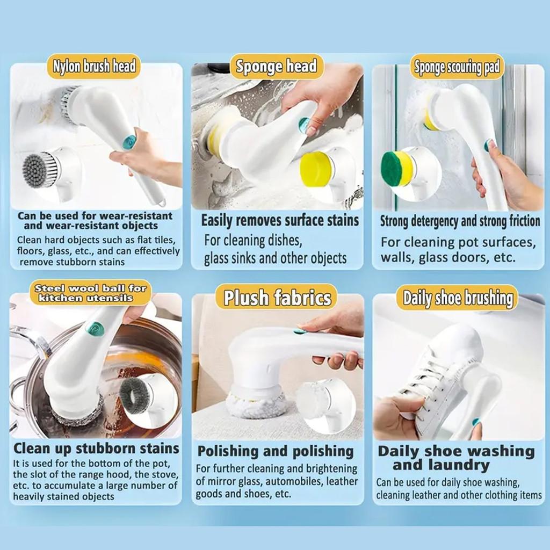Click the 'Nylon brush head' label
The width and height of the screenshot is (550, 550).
[x=93, y=67]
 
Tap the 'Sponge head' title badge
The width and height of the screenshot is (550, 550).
[x=277, y=67]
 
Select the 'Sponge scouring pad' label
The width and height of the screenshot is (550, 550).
[x=457, y=67]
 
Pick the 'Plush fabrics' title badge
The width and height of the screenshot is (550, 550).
[x=277, y=298]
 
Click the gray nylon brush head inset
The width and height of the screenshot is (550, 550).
[x=40, y=171]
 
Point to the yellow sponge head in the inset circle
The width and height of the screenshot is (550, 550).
[x=317, y=169]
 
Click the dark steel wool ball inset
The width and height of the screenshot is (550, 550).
[x=135, y=395]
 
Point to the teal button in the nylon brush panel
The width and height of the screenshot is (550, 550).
[x=129, y=142]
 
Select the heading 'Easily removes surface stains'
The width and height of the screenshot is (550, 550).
[x=280, y=220]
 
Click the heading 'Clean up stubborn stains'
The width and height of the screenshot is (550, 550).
[x=96, y=448]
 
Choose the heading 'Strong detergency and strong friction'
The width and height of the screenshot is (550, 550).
[x=460, y=221]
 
